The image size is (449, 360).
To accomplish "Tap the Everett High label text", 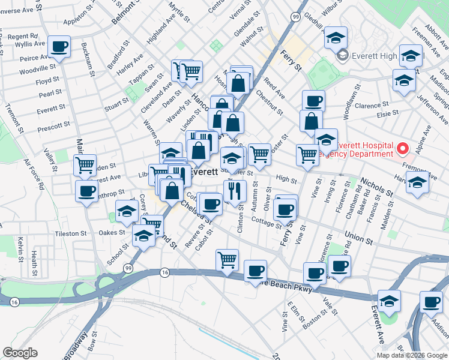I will pyautogui.click(x=379, y=56).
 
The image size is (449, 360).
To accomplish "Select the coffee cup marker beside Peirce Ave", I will pyautogui.click(x=59, y=46).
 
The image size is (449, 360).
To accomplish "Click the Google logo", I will pyautogui.click(x=20, y=353).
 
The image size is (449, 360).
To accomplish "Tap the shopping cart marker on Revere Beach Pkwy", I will pyautogui.click(x=227, y=261).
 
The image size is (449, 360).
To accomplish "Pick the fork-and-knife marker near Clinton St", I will pyautogui.click(x=235, y=191).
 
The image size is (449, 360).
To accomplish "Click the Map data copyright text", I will pyautogui.click(x=410, y=355).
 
